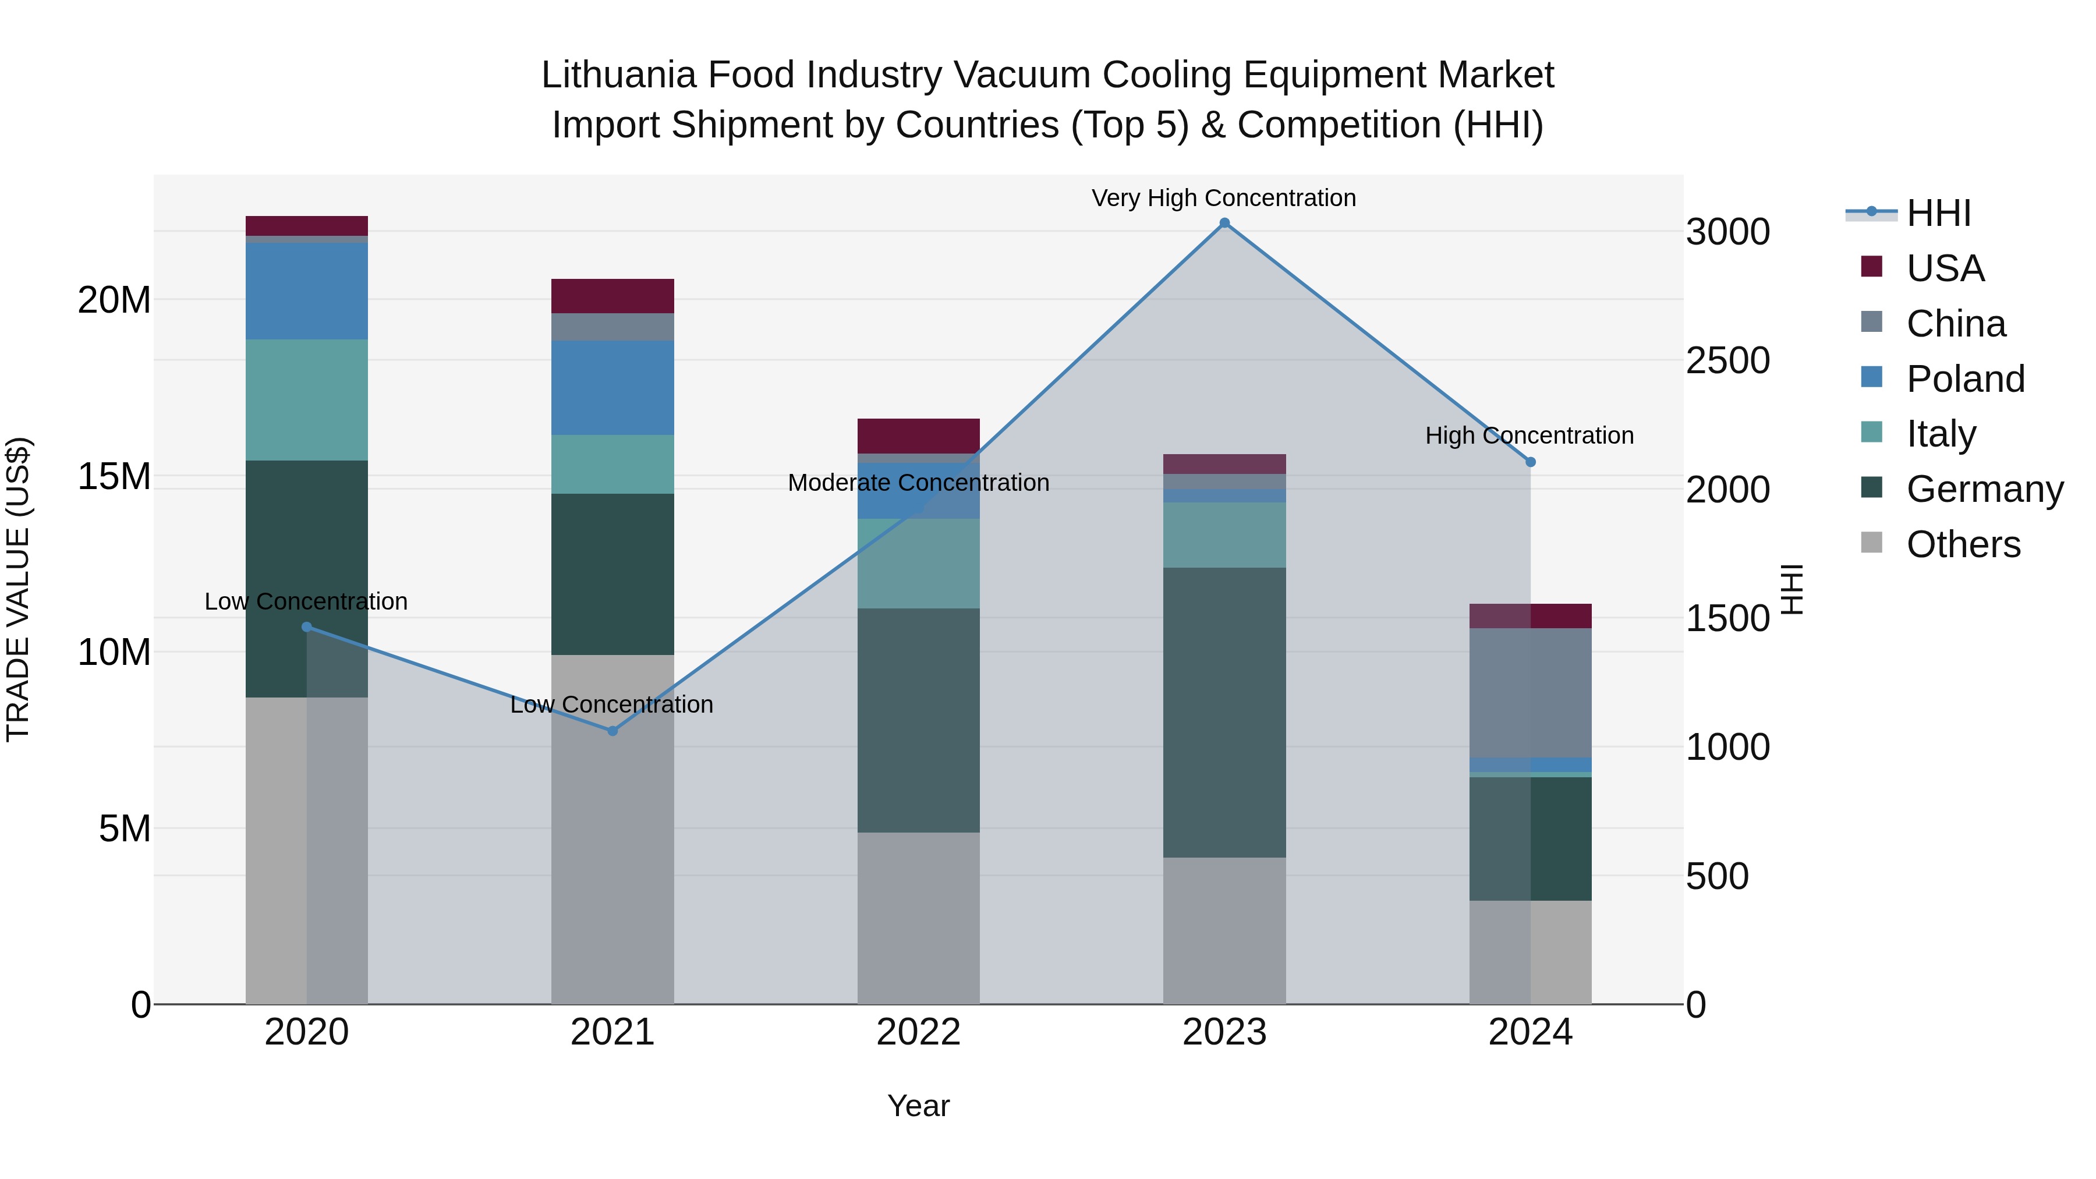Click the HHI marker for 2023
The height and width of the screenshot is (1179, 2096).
click(1224, 223)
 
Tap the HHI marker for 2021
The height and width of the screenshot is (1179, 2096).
click(612, 731)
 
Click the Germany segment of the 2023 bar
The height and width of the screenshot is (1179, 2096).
click(1224, 712)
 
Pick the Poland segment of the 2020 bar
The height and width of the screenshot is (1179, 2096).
click(307, 291)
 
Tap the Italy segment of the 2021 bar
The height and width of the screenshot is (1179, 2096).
click(612, 464)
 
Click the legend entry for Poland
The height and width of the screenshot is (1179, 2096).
click(1964, 379)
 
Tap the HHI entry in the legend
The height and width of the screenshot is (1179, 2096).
click(1938, 213)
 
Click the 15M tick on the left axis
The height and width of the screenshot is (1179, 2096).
click(114, 477)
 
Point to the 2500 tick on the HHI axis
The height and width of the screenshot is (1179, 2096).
click(1727, 360)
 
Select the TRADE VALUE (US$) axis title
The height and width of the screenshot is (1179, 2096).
click(18, 589)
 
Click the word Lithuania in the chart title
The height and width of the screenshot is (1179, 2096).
click(618, 75)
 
